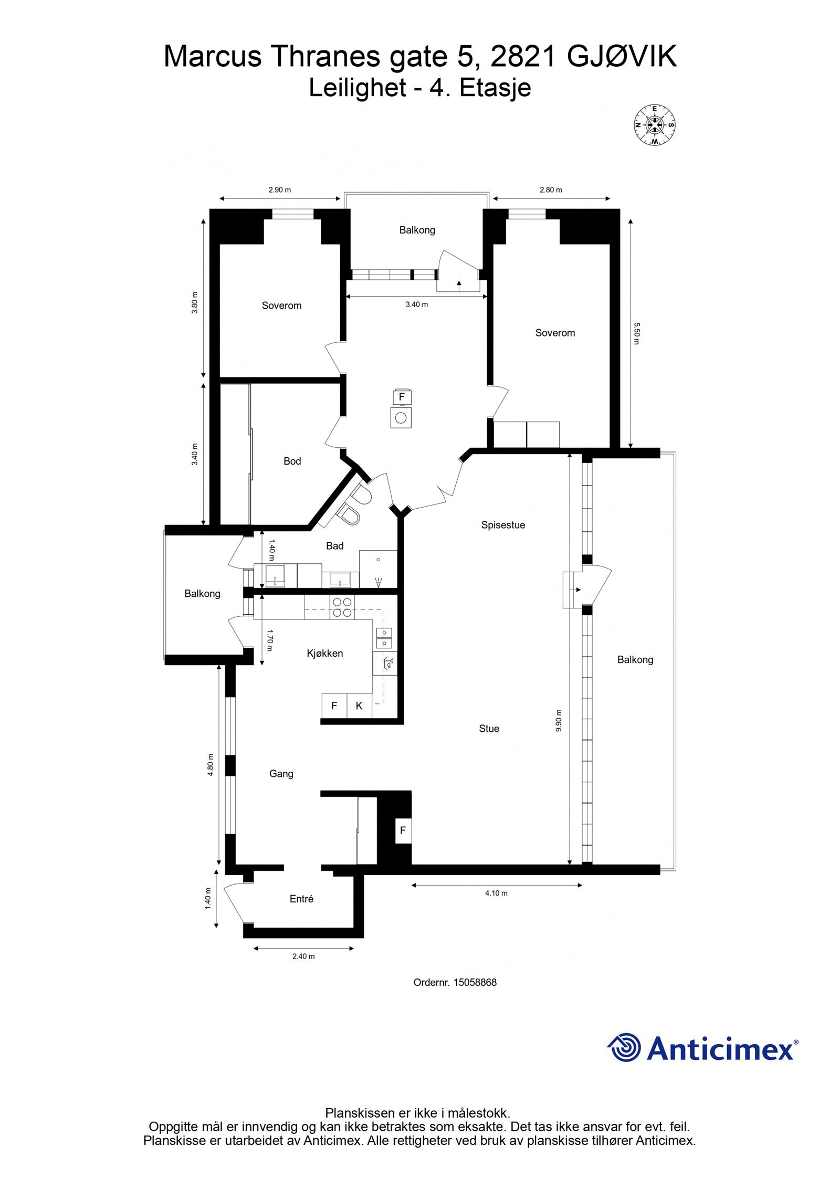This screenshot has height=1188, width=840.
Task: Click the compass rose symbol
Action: point(654,125)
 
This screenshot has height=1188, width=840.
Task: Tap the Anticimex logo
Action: point(702,1048)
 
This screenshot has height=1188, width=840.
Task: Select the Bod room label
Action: point(292,461)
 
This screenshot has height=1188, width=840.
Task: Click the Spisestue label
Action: point(503,525)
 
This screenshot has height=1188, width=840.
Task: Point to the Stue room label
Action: point(489,729)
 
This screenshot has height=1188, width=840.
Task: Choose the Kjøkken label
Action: point(325,654)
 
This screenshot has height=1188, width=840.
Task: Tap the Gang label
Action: point(281,774)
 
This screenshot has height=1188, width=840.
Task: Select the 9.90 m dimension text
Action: point(559,720)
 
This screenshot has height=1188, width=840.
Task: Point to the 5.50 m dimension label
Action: point(637,333)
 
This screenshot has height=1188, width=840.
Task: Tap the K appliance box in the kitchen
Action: point(359,706)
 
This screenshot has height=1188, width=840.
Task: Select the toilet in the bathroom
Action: point(350,516)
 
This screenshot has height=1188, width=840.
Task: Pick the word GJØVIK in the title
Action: point(622,57)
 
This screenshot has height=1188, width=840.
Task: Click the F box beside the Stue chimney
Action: point(403,830)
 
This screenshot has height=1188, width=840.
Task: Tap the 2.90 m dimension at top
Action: point(279,190)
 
